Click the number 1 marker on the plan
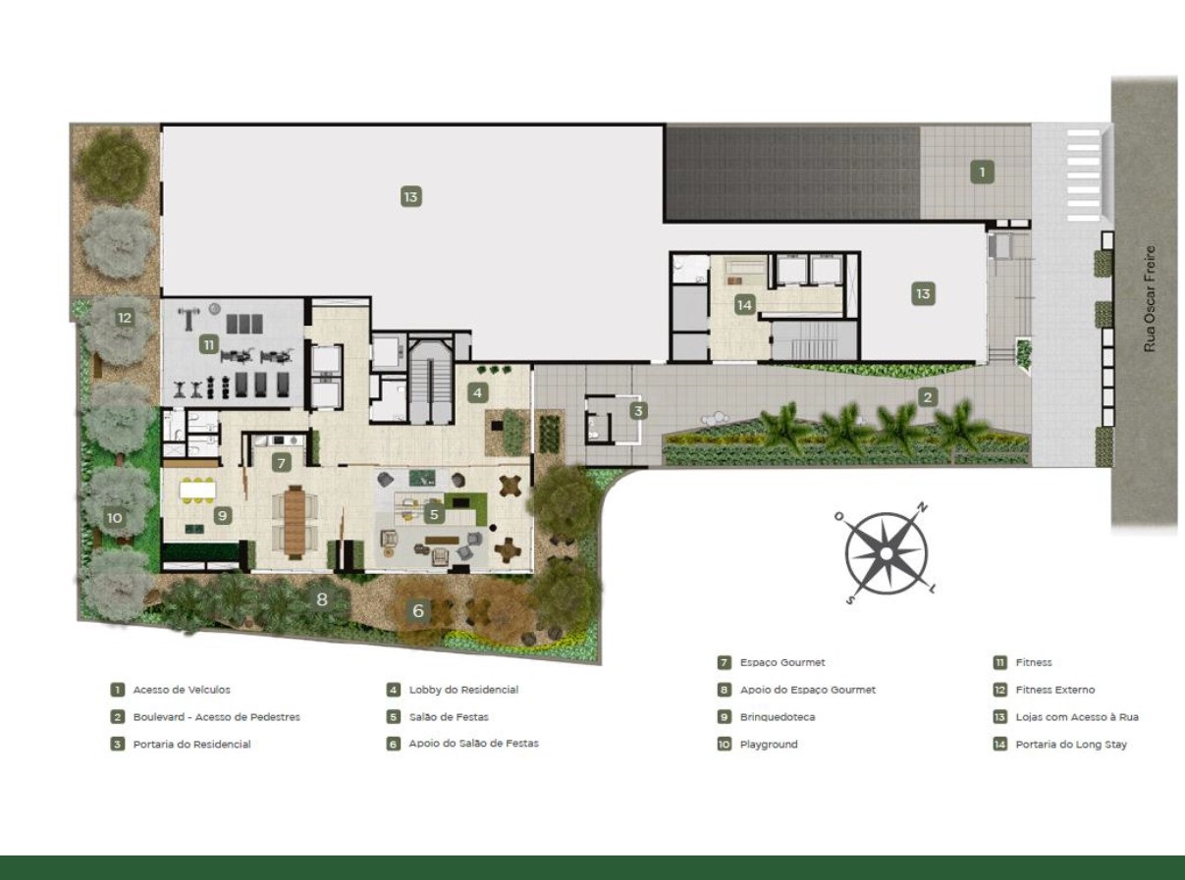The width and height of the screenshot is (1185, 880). coord(982,172)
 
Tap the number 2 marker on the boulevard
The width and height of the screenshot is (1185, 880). coord(928,397)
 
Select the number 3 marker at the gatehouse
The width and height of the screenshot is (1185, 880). coord(638,411)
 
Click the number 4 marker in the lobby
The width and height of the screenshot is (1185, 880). coord(477,393)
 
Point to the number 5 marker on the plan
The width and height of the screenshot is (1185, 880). coord(434,515)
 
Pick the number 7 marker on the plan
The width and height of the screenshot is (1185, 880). coord(282,462)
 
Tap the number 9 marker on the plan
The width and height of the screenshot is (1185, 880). coord(222,516)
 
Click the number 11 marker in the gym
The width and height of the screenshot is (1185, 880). coord(209,345)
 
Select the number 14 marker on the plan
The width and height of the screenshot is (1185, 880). coord(744,305)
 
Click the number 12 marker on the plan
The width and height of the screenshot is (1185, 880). coord(124,318)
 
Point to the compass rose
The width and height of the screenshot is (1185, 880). coord(886,554)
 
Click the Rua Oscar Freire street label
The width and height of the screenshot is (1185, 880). coord(1150,298)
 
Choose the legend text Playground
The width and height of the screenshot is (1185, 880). coord(769,745)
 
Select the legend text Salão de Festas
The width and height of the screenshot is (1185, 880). coord(449,717)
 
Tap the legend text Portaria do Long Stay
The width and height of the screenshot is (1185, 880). coord(1071,745)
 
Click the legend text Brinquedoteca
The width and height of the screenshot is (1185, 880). coord(778,717)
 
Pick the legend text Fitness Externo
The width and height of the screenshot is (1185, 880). coord(1055,690)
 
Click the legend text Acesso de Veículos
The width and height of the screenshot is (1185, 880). coord(182,690)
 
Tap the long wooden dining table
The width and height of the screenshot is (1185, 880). coord(295,521)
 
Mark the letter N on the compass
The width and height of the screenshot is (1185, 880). coord(923,507)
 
